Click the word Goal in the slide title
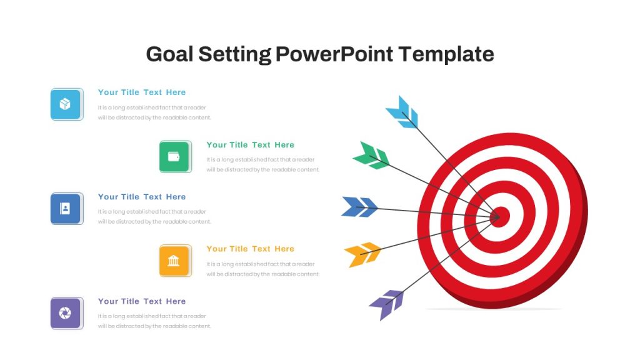[169, 54]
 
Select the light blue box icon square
[66, 104]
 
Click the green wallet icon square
[176, 157]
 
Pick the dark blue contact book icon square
[66, 209]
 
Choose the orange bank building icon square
[176, 261]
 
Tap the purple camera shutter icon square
[66, 313]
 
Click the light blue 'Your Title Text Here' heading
[142, 92]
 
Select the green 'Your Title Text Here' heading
[250, 145]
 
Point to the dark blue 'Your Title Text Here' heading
[142, 197]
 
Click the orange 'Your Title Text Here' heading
[250, 249]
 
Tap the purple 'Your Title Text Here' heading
[142, 301]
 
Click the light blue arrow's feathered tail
[402, 112]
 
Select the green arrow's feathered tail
[371, 156]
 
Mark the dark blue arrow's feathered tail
[359, 206]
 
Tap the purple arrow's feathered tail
[386, 304]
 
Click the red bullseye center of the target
[501, 217]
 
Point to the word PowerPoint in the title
[334, 54]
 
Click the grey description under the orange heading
[263, 269]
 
